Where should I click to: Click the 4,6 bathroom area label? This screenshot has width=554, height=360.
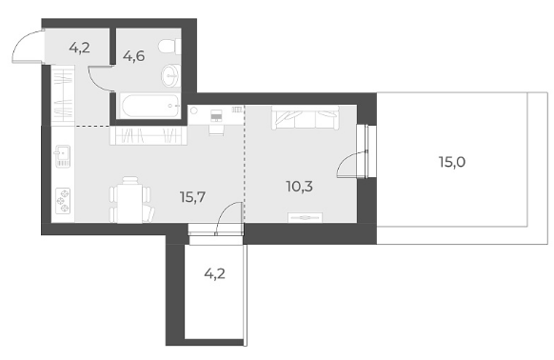(x=134, y=56)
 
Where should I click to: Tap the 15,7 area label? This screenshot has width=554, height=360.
(x=192, y=197)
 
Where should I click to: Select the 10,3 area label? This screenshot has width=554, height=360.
(x=300, y=187)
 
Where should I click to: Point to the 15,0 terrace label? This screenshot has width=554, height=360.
(x=452, y=162)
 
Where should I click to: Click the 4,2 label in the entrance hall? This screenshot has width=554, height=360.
(x=80, y=48)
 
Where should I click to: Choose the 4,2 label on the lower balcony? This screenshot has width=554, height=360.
(x=215, y=273)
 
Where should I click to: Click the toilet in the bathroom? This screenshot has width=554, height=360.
(x=168, y=47)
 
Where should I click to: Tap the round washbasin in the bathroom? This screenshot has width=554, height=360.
(x=171, y=75)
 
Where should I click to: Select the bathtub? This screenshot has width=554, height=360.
(x=150, y=106)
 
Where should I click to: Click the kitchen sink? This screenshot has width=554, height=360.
(x=62, y=155)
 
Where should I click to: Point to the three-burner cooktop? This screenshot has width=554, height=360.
(x=64, y=201)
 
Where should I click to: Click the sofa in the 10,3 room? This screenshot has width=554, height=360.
(x=305, y=118)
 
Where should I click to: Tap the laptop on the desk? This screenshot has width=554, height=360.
(x=216, y=115)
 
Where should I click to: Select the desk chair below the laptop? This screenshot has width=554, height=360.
(x=216, y=130)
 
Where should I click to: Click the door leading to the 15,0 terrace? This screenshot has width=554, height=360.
(x=352, y=163)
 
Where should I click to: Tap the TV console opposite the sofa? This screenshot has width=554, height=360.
(x=306, y=217)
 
